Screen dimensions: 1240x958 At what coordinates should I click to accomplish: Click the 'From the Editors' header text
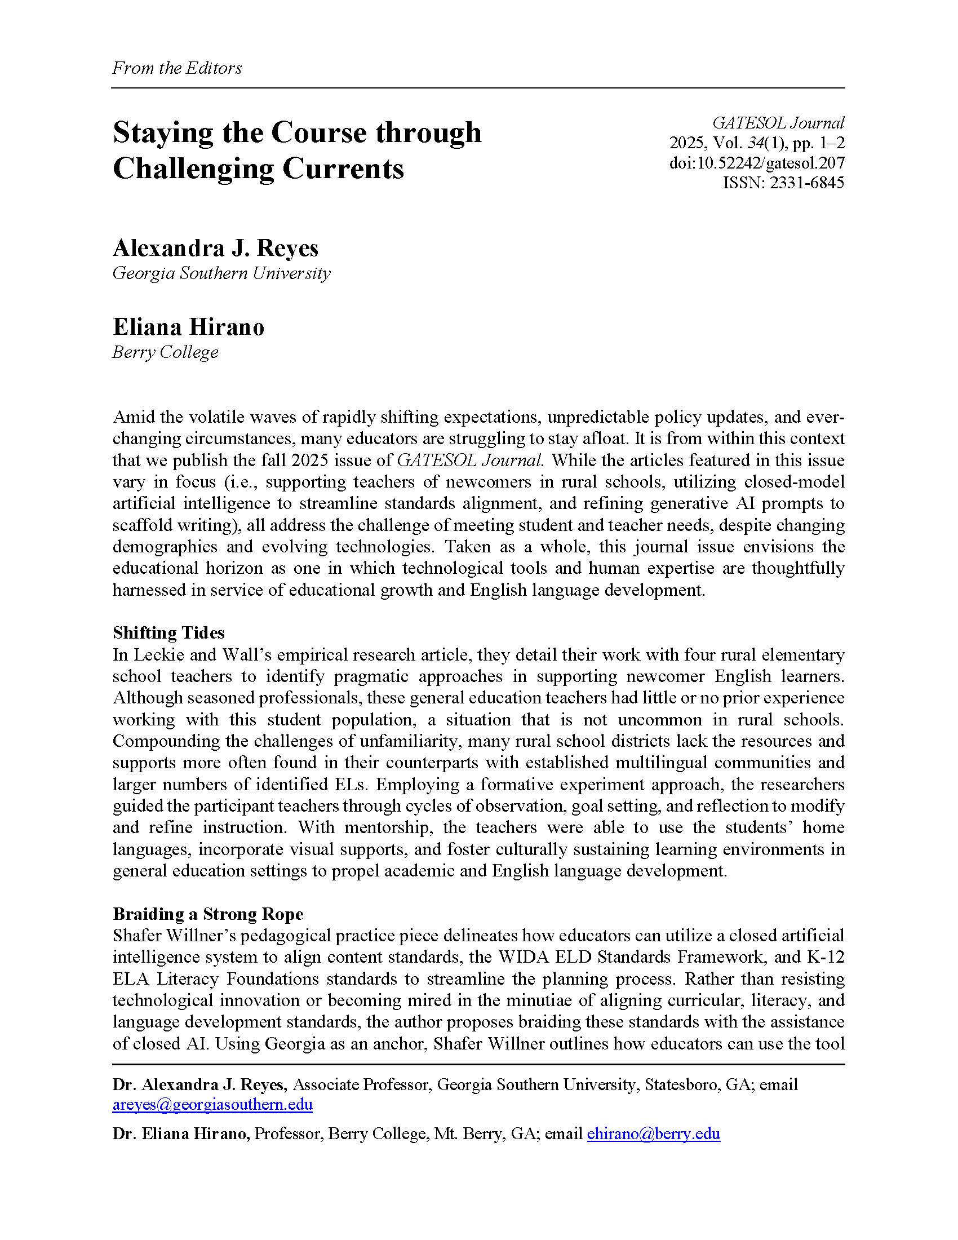pos(177,68)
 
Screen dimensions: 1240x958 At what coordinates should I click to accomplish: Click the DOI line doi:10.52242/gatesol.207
pos(756,163)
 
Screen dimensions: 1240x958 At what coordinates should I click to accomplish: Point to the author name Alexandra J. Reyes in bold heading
pos(216,248)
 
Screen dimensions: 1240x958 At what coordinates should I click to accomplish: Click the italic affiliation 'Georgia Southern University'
pos(221,273)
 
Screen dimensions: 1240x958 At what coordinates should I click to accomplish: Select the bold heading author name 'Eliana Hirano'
pos(188,327)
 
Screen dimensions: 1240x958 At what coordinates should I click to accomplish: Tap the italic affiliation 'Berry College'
pos(165,352)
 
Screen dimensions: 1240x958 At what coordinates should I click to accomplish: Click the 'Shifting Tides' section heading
pos(168,632)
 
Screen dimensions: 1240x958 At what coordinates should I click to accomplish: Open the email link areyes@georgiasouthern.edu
pos(212,1104)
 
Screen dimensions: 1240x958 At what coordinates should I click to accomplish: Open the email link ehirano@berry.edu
pos(653,1134)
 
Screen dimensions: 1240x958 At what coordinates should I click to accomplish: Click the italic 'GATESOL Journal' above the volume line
pos(778,123)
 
